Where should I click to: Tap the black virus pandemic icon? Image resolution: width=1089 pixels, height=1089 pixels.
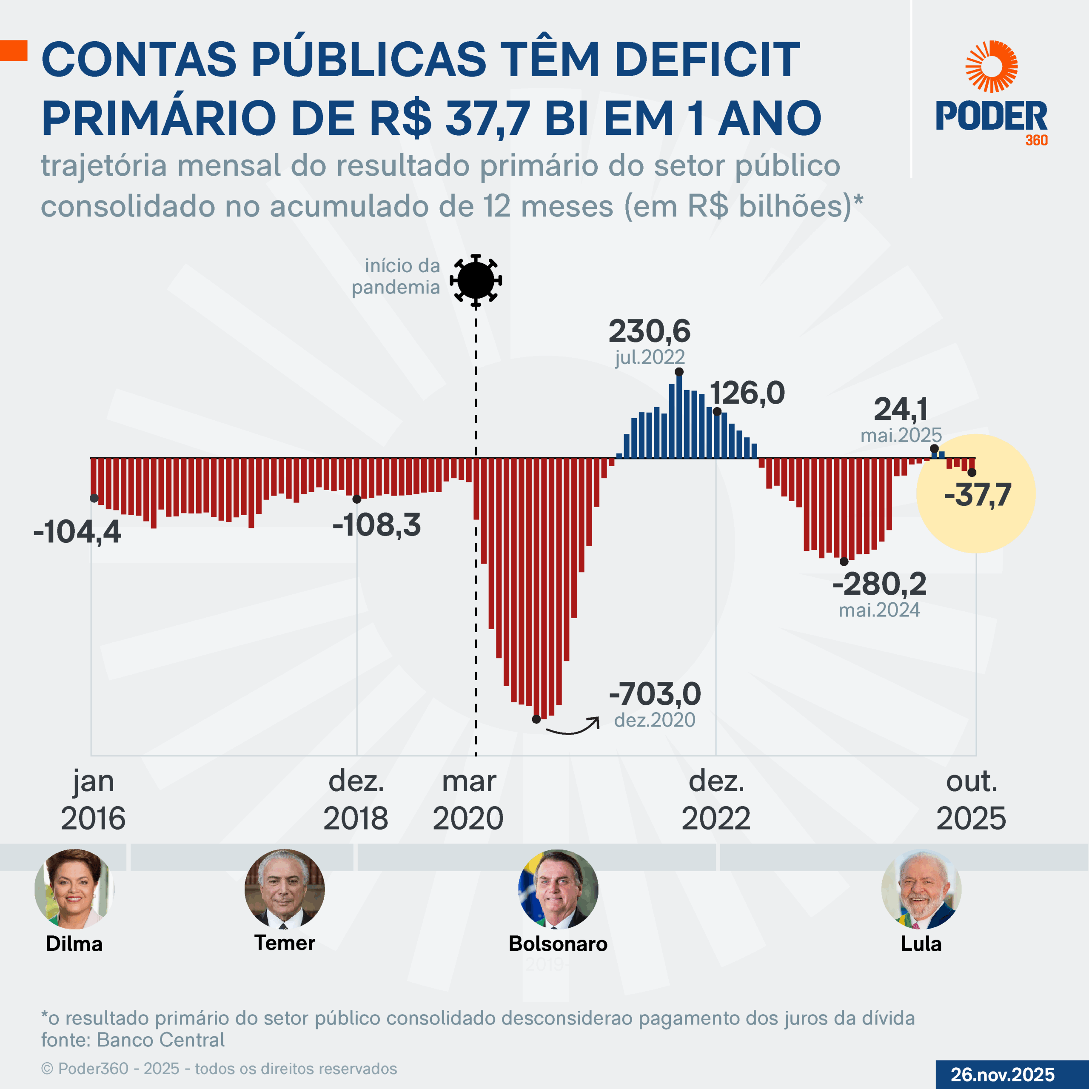tap(476, 280)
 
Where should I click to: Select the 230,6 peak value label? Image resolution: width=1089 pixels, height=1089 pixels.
tap(649, 331)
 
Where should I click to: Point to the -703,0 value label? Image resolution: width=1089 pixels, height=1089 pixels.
tap(655, 694)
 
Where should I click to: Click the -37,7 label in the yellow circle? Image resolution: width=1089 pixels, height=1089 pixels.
tap(978, 495)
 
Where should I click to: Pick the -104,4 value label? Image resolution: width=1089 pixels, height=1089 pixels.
tap(77, 532)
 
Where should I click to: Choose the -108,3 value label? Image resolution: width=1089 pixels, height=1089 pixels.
tap(376, 525)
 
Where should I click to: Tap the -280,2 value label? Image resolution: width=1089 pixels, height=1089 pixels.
tap(879, 584)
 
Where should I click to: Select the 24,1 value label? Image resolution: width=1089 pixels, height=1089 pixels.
tap(901, 409)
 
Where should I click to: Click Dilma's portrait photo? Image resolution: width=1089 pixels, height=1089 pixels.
tap(74, 889)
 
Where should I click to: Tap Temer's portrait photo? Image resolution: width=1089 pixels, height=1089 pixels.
tap(285, 889)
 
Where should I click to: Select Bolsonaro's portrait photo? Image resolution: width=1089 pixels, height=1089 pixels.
tap(558, 889)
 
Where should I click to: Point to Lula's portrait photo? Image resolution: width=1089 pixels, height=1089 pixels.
tap(921, 889)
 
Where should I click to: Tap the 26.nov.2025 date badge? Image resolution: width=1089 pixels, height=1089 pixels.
tap(1003, 1075)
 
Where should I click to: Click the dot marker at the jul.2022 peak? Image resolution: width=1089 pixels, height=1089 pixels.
tap(679, 372)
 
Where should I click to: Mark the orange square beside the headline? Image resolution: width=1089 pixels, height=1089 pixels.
tap(14, 50)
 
